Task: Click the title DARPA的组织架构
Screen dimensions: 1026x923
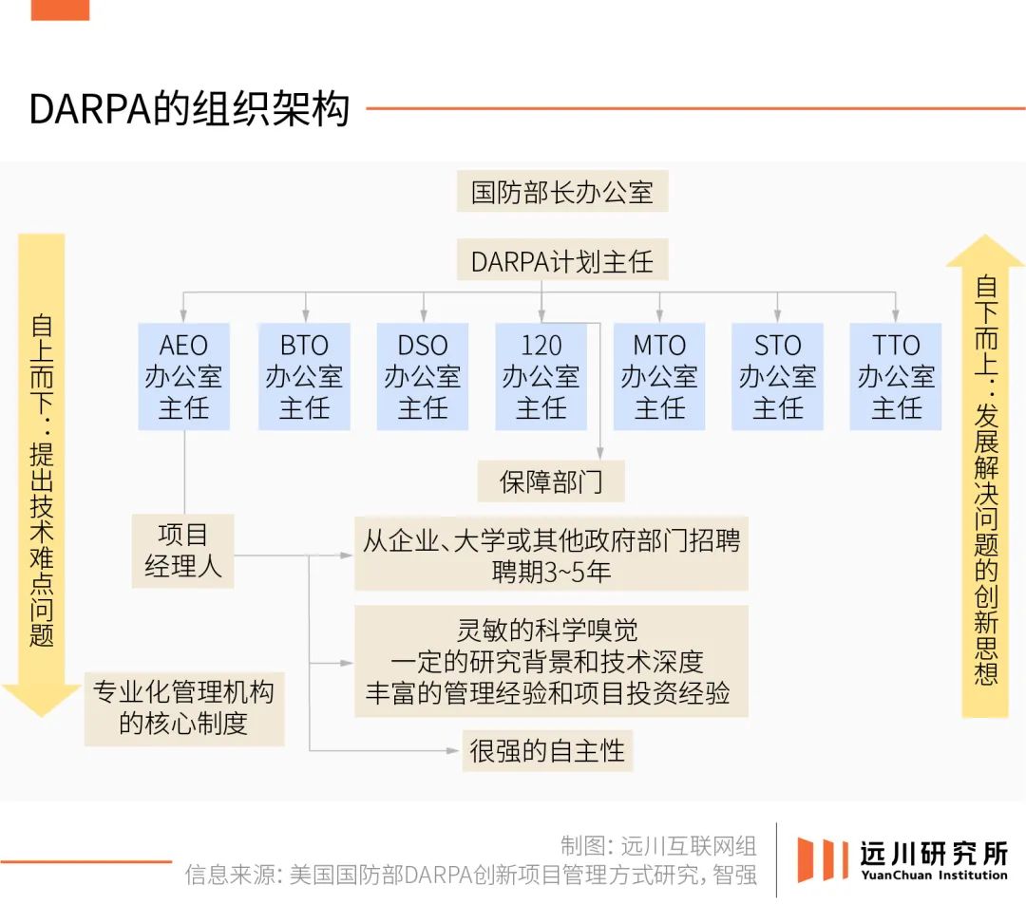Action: point(189,108)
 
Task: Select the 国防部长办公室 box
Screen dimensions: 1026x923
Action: point(562,191)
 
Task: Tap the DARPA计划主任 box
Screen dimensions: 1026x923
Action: point(562,261)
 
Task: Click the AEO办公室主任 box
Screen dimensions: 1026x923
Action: point(184,376)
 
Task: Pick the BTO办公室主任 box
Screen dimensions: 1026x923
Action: point(304,376)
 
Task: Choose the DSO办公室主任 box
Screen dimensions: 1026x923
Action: point(423,376)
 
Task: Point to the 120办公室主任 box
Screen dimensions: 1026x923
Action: point(541,376)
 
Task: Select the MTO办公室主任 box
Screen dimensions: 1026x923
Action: point(659,376)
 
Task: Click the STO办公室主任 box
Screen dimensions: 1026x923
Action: point(777,376)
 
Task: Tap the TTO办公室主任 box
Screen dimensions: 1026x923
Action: point(896,376)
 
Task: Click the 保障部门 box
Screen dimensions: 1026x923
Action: point(551,481)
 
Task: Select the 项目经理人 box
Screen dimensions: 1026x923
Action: point(183,551)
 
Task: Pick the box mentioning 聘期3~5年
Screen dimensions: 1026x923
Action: point(552,555)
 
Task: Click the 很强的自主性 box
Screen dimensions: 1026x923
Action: point(548,750)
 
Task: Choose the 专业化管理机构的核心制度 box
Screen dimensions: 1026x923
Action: point(184,708)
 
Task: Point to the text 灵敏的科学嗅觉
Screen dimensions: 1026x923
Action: point(547,630)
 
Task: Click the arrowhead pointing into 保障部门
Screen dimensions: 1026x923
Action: point(600,453)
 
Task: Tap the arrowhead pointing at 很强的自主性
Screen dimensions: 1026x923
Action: point(452,750)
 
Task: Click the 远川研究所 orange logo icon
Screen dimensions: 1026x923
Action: point(819,859)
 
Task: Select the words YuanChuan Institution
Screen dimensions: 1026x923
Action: point(935,876)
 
